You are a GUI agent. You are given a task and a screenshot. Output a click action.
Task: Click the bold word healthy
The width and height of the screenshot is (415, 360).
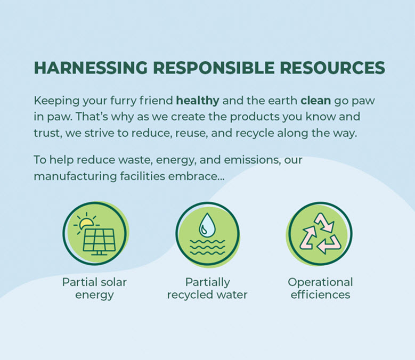(198, 100)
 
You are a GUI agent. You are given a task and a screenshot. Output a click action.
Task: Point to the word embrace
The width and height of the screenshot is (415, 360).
(196, 176)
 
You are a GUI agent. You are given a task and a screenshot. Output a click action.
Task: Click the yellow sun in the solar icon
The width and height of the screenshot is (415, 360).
(85, 224)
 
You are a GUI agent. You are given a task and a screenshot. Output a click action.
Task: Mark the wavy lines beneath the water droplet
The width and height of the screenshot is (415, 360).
(207, 248)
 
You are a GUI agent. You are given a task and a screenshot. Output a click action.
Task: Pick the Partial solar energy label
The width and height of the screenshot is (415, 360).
(94, 288)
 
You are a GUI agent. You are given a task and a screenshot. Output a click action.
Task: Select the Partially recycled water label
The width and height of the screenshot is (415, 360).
(207, 288)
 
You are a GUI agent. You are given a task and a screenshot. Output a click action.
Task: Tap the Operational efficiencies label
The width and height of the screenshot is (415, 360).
(320, 288)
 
